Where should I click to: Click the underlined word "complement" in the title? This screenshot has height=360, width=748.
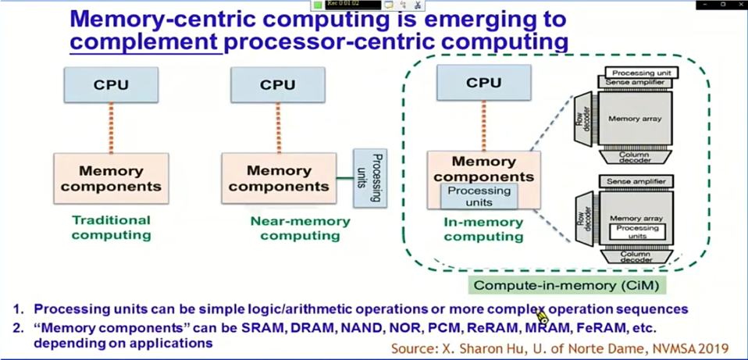144,41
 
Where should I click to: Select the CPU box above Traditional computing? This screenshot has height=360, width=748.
111,84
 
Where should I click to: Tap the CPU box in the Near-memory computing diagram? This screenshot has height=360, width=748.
278,84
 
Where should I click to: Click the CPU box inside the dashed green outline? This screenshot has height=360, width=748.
483,83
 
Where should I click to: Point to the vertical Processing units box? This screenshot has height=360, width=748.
370,179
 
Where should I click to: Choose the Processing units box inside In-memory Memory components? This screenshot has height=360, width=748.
479,196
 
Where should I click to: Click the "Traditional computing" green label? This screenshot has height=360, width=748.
112,227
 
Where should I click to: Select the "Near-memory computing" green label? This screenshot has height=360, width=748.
300,228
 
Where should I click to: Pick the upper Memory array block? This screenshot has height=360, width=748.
635,118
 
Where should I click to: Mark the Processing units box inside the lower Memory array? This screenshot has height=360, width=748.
637,232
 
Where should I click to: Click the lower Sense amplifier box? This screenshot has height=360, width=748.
636,181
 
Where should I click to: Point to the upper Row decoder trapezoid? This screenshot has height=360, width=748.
583,119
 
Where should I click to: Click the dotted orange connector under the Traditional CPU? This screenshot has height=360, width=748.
111,127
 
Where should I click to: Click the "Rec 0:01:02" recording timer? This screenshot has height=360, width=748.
343,4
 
